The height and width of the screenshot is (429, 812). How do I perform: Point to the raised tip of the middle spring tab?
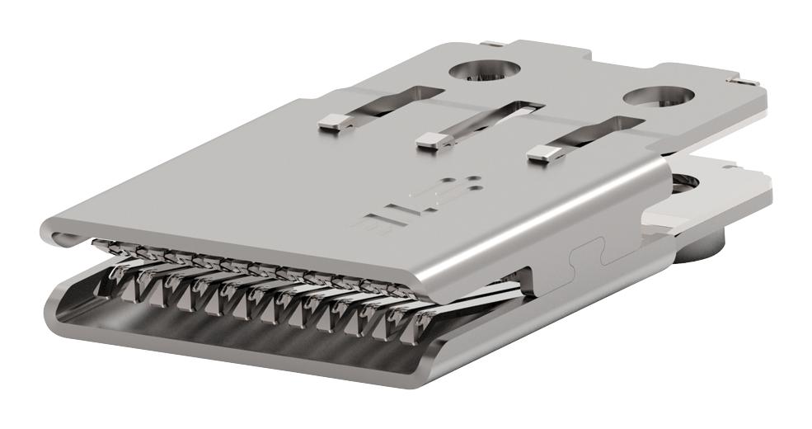(431, 139)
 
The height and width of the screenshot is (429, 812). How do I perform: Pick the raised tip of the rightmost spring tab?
(540, 153)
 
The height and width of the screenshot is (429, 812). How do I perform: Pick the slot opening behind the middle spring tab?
(517, 108)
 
